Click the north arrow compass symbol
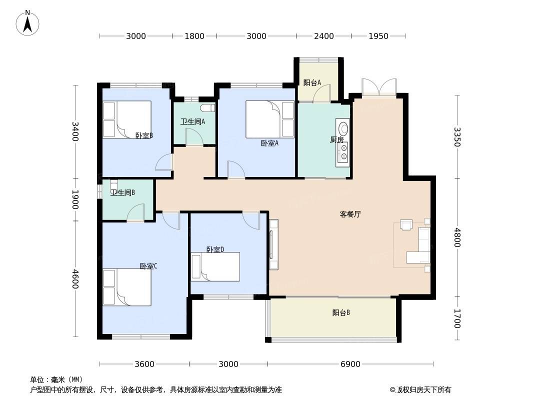pos(27,23)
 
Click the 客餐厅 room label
pos(350,214)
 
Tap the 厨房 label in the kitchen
pos(337,139)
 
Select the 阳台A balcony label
pos(312,82)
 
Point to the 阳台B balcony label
pos(341,312)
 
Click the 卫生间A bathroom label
pos(192,121)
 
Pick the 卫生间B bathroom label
pos(122,192)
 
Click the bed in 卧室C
pos(127,287)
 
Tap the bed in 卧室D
pos(215,266)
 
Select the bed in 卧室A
pos(270,119)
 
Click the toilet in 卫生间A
pos(207,108)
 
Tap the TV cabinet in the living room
pos(273,244)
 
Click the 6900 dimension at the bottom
pos(350,364)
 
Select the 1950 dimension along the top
pos(378,36)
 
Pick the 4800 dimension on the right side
pos(457,237)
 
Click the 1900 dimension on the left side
pos(75,199)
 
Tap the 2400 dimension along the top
pos(323,36)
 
